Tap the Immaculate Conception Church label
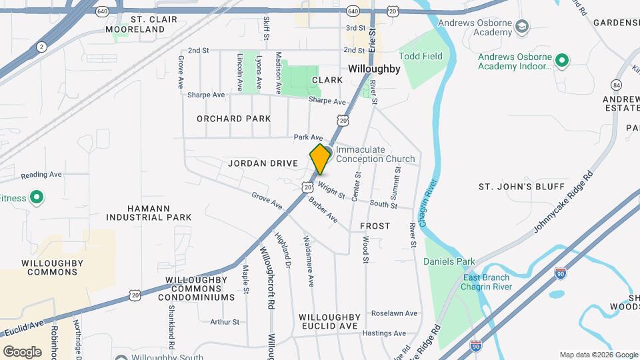coord(375,155)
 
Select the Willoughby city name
coord(374,69)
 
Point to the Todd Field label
coord(421,57)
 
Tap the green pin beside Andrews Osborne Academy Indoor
coord(562,61)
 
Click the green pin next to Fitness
coord(37,198)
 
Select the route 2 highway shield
coord(42,46)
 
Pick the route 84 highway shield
coord(616,85)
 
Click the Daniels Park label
coord(449,262)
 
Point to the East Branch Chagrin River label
coord(487,282)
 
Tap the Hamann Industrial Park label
coord(149,213)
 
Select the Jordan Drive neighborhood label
coord(261,163)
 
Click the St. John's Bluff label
coord(521,186)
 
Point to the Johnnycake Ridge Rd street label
coord(563,204)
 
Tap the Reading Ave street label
coord(41,175)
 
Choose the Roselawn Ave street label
coord(394,313)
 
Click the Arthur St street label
coord(225,322)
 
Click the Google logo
coord(23,351)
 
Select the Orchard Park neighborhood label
coord(233,119)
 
